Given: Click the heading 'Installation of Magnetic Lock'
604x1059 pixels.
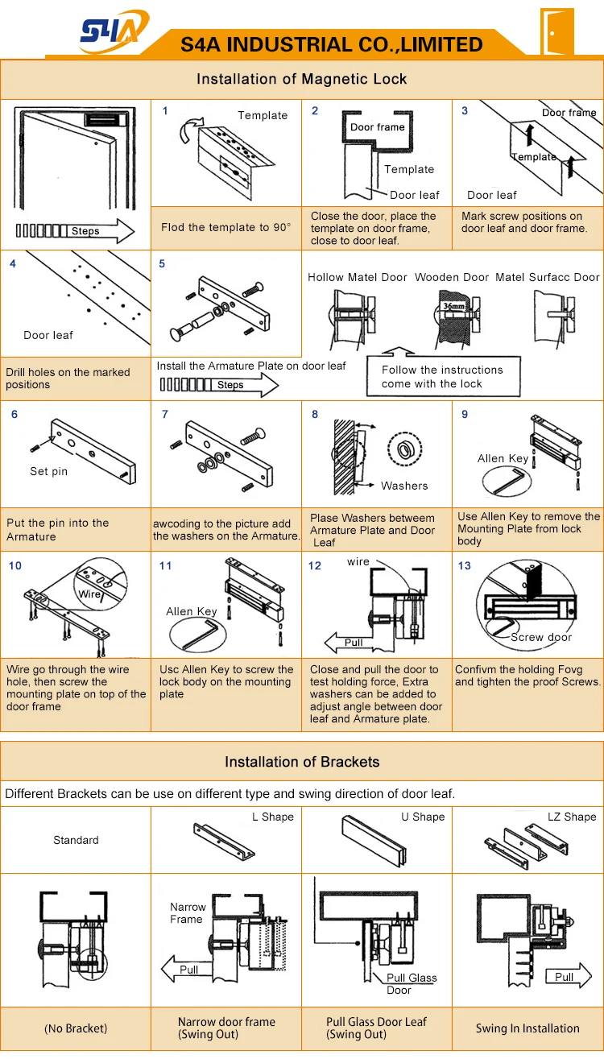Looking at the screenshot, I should [x=302, y=79].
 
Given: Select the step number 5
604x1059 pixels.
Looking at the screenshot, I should [x=162, y=263].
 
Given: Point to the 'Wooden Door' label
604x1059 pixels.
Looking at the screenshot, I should [x=452, y=277].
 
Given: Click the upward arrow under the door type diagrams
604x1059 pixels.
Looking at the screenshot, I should [x=397, y=351].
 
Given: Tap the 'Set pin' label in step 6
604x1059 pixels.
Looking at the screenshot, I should [x=48, y=471].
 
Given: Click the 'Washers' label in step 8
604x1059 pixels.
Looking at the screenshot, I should [x=404, y=486].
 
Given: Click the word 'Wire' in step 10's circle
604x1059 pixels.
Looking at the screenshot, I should [x=89, y=594].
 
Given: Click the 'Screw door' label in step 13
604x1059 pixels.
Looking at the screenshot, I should [x=541, y=637].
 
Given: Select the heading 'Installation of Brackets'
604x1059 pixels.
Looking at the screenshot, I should [x=302, y=762].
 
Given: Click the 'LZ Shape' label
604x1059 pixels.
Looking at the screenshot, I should [x=572, y=817].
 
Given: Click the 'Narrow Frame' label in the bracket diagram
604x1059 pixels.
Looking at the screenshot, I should [x=187, y=912].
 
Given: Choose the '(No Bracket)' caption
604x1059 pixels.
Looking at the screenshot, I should [x=76, y=1028].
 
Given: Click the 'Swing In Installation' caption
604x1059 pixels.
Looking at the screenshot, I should [x=527, y=1028].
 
